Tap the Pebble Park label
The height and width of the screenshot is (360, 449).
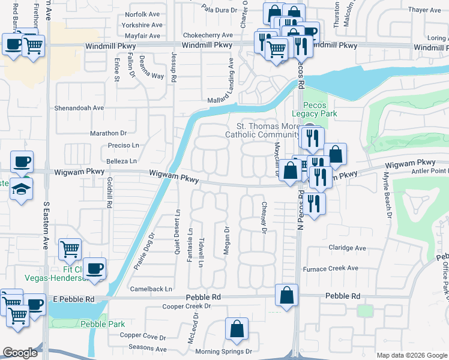point(102,324)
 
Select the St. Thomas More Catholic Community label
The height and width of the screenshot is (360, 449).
point(267,130)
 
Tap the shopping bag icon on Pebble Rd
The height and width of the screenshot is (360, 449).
point(287,295)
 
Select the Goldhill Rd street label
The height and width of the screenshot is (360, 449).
point(109,193)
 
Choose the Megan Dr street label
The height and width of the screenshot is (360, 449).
point(226,240)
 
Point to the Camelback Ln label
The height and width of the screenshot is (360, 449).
point(152,289)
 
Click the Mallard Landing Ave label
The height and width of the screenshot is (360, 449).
point(230,82)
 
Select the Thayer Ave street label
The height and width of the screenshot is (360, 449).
point(424,10)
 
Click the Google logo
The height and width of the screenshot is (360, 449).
point(20,353)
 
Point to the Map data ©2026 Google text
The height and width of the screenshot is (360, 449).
point(411,355)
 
